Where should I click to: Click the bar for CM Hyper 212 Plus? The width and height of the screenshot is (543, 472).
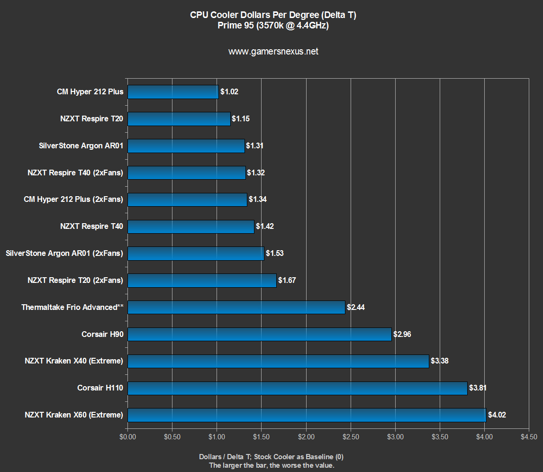(x=173, y=92)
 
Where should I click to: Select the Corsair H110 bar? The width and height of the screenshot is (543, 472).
(x=297, y=388)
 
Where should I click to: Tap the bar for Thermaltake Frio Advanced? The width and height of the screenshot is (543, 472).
(x=236, y=308)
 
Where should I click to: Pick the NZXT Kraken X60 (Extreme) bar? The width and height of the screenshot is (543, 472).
(x=307, y=415)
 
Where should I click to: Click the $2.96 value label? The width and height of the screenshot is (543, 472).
(x=402, y=335)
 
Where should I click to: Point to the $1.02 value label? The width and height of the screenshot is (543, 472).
(x=229, y=92)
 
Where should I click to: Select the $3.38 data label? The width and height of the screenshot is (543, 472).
(x=439, y=361)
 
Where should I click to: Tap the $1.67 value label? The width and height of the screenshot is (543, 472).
(x=287, y=281)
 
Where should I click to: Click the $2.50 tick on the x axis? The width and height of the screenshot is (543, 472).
(x=351, y=436)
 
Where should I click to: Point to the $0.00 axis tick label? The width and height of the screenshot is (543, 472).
(x=127, y=436)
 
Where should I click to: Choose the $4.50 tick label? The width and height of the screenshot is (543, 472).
(x=529, y=436)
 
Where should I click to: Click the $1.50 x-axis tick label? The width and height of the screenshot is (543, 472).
(x=262, y=436)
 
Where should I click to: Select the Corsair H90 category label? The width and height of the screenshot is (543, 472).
(x=102, y=335)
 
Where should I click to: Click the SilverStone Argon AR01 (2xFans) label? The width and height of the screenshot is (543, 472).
(x=64, y=254)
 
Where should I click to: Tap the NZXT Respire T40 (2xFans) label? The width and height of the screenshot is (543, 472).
(x=75, y=172)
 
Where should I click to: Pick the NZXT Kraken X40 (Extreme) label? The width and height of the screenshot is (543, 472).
(x=74, y=361)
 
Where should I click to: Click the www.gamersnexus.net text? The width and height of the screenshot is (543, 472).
(x=273, y=52)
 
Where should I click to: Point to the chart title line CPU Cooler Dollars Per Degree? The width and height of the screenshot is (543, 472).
(x=273, y=15)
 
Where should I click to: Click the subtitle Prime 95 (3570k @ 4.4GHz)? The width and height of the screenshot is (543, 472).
(x=273, y=26)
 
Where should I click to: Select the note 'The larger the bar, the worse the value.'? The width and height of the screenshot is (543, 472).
(x=271, y=465)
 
